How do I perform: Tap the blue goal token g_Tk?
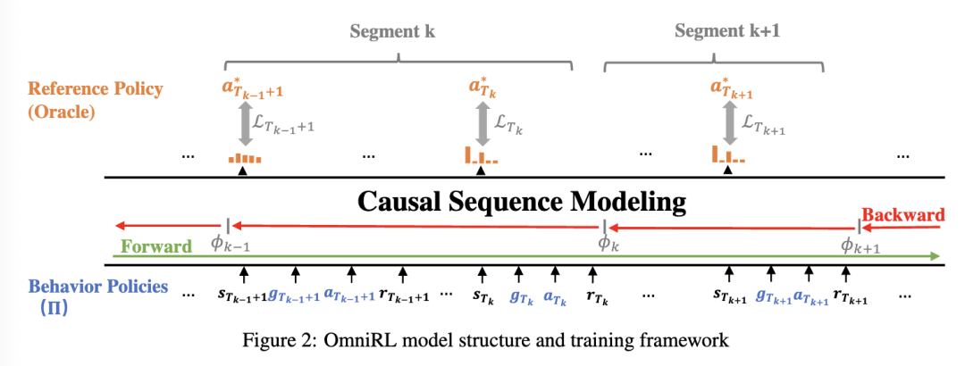[x=521, y=292]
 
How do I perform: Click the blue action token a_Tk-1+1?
[x=348, y=294]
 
